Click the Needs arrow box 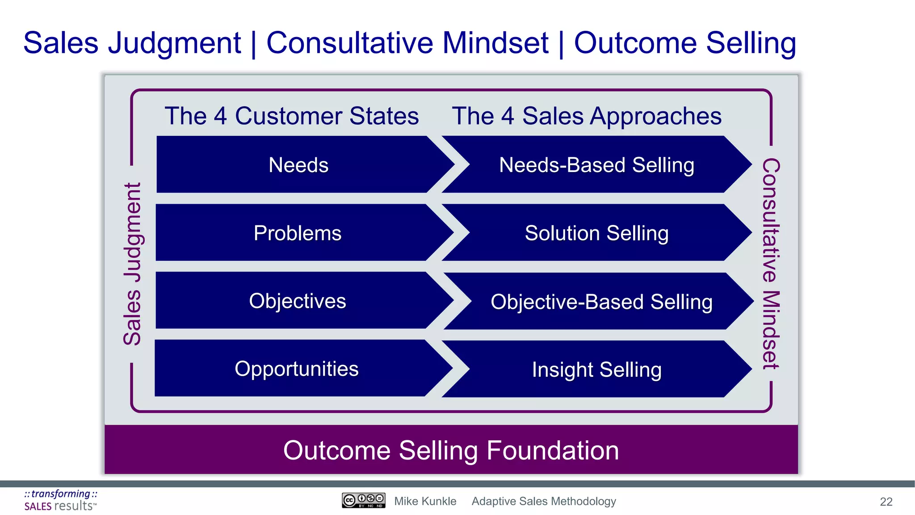pos(298,165)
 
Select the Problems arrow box pos(298,233)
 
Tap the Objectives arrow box pos(298,301)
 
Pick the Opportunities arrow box pos(297,369)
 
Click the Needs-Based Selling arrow pos(596,165)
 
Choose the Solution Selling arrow pos(596,233)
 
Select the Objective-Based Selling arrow pos(601,302)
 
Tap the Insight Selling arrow pos(596,370)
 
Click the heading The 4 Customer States pos(292,116)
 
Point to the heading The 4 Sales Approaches pos(587,116)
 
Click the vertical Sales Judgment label pos(132,264)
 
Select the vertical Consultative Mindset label pos(771,264)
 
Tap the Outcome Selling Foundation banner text pos(451,450)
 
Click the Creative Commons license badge pos(363,500)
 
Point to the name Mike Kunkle pos(425,501)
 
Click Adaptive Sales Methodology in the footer pos(544,501)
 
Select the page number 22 pos(886,502)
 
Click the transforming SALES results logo pos(60,500)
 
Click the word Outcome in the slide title pos(635,43)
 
